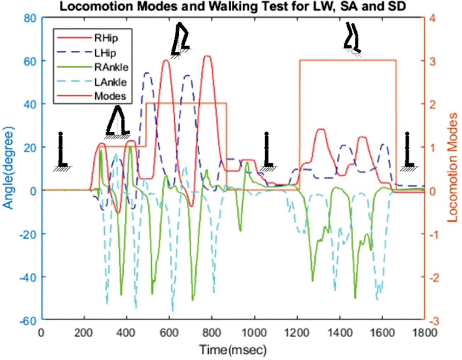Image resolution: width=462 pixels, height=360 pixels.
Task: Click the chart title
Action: (x=232, y=6)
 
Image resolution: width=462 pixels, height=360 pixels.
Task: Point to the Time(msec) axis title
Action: (x=232, y=350)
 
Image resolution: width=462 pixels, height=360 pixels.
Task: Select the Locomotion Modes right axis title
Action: (x=452, y=168)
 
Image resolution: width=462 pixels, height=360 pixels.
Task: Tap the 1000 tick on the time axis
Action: (x=254, y=333)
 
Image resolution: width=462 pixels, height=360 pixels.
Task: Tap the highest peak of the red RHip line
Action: (x=208, y=56)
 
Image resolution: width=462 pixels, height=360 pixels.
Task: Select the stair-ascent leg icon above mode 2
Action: (x=181, y=39)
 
